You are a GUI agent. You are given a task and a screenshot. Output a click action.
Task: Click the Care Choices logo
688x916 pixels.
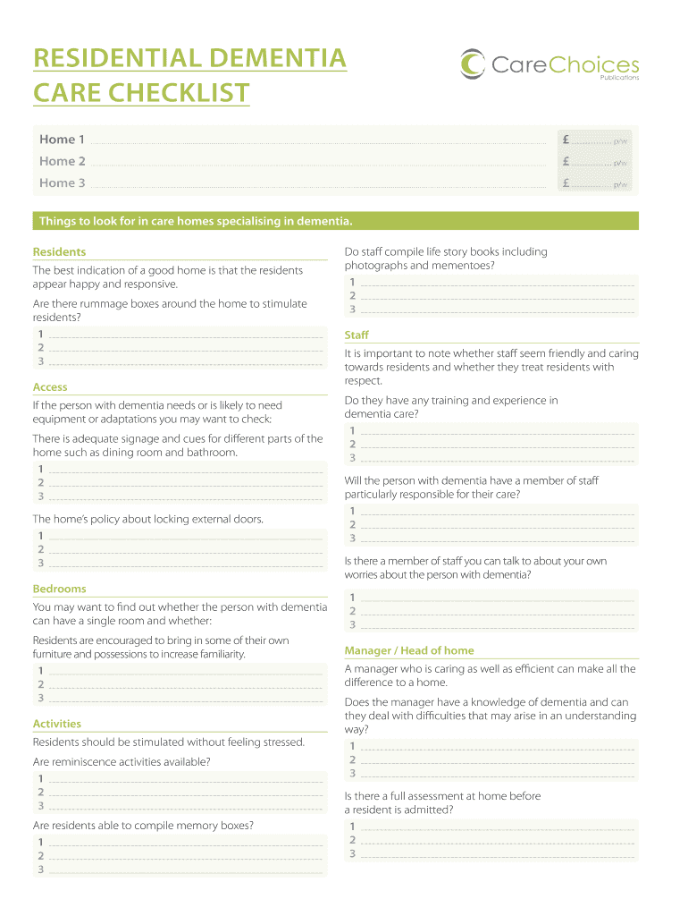click(549, 64)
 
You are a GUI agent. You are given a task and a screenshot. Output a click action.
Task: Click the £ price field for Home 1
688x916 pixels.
click(594, 140)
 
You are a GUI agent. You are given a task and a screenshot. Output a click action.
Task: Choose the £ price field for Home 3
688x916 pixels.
click(594, 182)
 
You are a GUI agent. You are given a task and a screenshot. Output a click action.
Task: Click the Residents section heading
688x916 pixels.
click(59, 252)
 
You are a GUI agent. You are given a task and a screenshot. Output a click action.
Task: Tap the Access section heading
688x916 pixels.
click(50, 387)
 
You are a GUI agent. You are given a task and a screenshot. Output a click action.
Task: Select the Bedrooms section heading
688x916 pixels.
click(59, 589)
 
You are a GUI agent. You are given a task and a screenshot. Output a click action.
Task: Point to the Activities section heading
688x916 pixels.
click(56, 724)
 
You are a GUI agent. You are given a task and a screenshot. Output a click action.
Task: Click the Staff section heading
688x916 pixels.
click(357, 335)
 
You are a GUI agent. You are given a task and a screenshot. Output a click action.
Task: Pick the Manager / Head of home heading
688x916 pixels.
click(409, 650)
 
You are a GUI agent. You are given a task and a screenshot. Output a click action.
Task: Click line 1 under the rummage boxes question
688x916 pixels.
click(184, 334)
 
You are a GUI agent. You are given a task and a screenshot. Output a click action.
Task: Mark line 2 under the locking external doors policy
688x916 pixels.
click(184, 549)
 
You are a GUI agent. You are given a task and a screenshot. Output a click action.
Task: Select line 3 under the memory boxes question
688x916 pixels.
click(184, 869)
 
